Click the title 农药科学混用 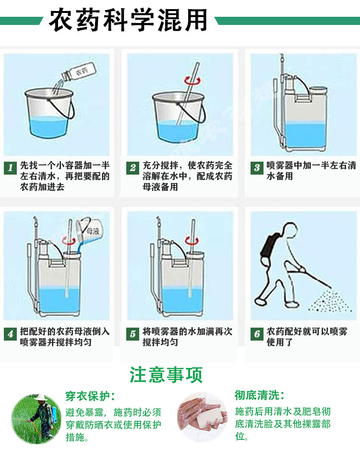click(128, 20)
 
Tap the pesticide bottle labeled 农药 click(78, 72)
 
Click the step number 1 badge click(10, 168)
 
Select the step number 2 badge click(132, 168)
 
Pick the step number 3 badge click(257, 168)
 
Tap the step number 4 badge click(10, 334)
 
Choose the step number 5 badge click(132, 334)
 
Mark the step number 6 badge click(257, 334)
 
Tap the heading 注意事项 click(166, 375)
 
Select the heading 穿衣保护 click(90, 396)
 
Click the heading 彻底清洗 click(259, 395)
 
